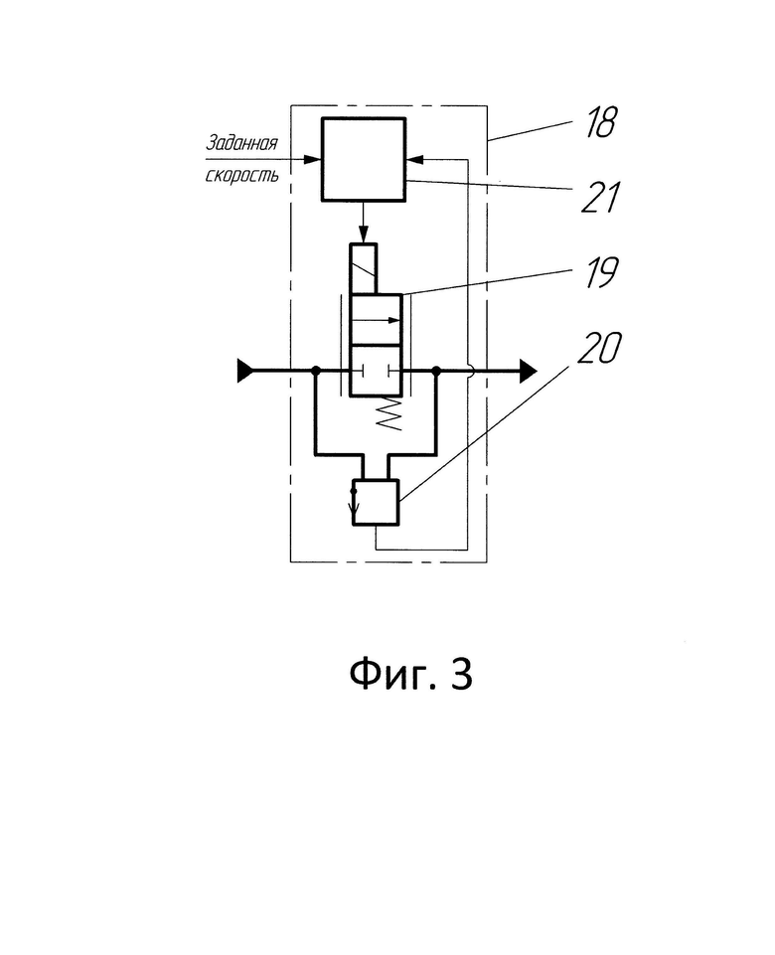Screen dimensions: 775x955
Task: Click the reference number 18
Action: [600, 122]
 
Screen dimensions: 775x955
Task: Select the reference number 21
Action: [600, 198]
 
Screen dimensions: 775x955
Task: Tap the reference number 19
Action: [601, 272]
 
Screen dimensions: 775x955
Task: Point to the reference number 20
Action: [599, 348]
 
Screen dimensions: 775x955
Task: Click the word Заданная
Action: [241, 143]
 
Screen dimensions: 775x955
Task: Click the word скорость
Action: [241, 176]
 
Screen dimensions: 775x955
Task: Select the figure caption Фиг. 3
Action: [411, 674]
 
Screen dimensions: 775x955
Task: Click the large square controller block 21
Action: [364, 159]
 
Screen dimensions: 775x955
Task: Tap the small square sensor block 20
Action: [376, 502]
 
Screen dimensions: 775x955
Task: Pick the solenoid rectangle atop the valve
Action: [364, 268]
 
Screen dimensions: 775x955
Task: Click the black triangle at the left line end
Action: [244, 371]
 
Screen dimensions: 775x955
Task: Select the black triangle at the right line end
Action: [528, 371]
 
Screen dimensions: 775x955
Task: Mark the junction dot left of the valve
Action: [315, 371]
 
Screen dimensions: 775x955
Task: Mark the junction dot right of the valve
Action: [436, 371]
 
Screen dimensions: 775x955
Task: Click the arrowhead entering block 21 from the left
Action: [313, 160]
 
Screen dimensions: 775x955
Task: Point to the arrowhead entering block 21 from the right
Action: [414, 160]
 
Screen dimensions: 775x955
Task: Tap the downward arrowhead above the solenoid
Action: [364, 235]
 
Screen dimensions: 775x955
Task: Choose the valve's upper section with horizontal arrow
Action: [376, 320]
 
